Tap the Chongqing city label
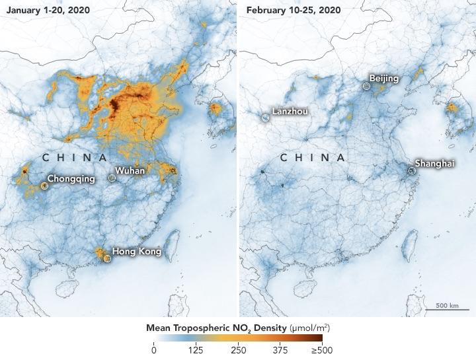click(72, 178)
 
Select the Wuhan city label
click(130, 171)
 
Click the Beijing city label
click(384, 79)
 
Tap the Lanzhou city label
click(290, 112)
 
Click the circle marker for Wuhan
click(112, 178)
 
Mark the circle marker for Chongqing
click(44, 186)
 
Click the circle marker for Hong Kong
click(106, 258)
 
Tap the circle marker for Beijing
click(366, 86)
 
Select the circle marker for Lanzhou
click(265, 117)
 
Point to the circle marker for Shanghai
click(411, 170)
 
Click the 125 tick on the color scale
click(196, 351)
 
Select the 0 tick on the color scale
click(154, 351)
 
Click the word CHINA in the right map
click(313, 158)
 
